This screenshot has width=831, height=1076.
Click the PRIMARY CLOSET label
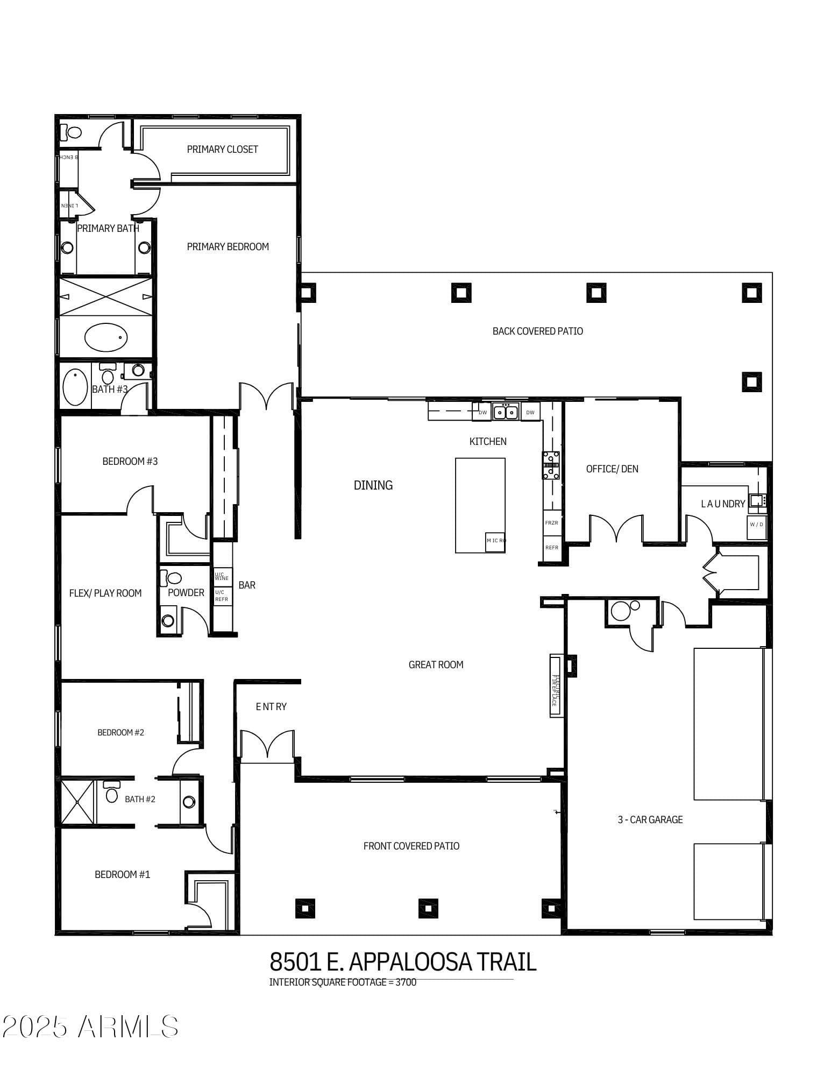pos(222,149)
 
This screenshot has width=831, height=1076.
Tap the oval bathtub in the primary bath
pos(106,337)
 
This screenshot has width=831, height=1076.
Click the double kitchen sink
pos(506,412)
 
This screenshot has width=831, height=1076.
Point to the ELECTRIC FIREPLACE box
pos(556,686)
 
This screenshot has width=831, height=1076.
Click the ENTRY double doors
pos(267,746)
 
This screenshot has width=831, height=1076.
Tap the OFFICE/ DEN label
pos(612,469)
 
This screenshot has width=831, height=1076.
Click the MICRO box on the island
pos(495,541)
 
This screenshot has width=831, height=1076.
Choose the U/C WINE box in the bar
pos(222,576)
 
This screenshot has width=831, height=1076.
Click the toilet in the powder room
pos(173,578)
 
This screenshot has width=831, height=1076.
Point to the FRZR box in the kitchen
pos(551,522)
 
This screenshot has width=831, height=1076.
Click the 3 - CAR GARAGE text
pos(650,819)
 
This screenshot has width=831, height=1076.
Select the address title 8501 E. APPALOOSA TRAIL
pos(403,961)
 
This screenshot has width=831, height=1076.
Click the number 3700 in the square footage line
pos(406,982)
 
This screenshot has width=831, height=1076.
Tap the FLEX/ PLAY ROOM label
pos(105,593)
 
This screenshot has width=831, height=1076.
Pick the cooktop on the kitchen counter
pos(551,465)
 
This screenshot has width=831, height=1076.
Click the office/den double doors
pos(616,529)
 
